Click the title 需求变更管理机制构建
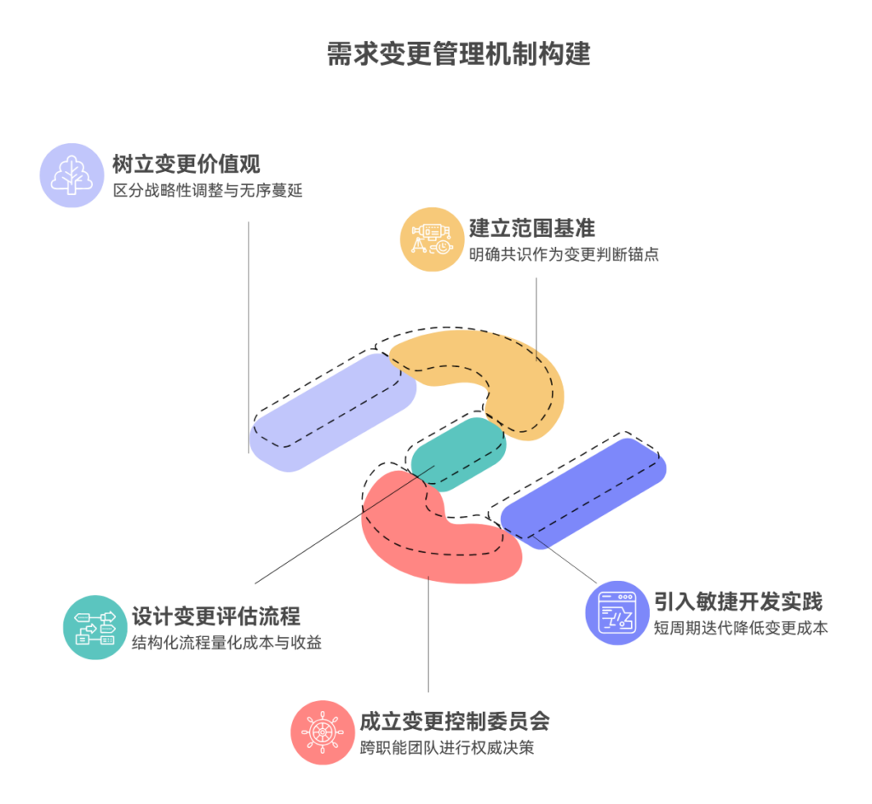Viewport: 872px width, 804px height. pos(459,55)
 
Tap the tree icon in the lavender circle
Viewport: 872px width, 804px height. pos(72,175)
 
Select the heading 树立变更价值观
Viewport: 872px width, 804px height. pos(186,163)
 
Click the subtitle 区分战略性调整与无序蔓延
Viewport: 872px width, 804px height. pos(207,190)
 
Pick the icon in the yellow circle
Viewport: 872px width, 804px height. pos(432,238)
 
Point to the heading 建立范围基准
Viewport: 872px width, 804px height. pos(531,227)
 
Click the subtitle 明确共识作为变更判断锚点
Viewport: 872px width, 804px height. pos(564,254)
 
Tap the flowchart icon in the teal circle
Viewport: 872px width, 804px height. pos(95,627)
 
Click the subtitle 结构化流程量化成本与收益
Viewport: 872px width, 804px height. pos(227,643)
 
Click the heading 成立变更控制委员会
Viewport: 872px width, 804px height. pos(455,721)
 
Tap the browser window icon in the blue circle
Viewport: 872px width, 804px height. pos(617,612)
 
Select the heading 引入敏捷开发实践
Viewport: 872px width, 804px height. pos(737,601)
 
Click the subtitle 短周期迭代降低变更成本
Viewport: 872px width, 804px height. pos(740,629)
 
